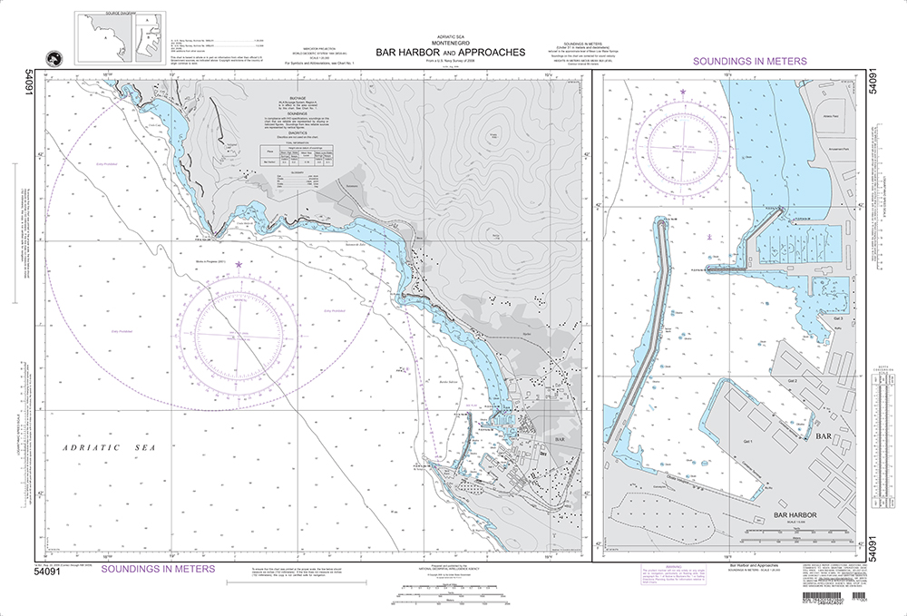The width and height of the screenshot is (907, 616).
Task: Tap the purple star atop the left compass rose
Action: (239, 265)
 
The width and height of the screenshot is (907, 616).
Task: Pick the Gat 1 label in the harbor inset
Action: (748, 442)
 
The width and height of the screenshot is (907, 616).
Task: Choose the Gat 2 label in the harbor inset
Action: (792, 381)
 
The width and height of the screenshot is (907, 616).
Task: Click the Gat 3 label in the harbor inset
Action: (837, 318)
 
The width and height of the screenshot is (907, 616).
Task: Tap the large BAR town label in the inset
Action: (824, 436)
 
